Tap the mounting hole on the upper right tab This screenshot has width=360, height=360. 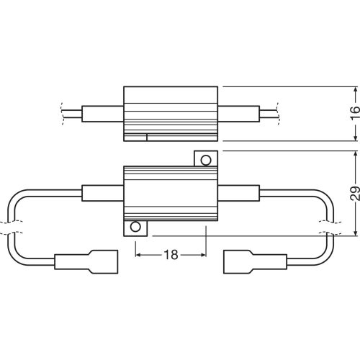(x=205, y=160)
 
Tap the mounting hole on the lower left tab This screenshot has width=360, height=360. (x=135, y=228)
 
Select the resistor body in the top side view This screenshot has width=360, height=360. (x=170, y=114)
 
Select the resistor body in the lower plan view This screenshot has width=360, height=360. (x=170, y=193)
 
